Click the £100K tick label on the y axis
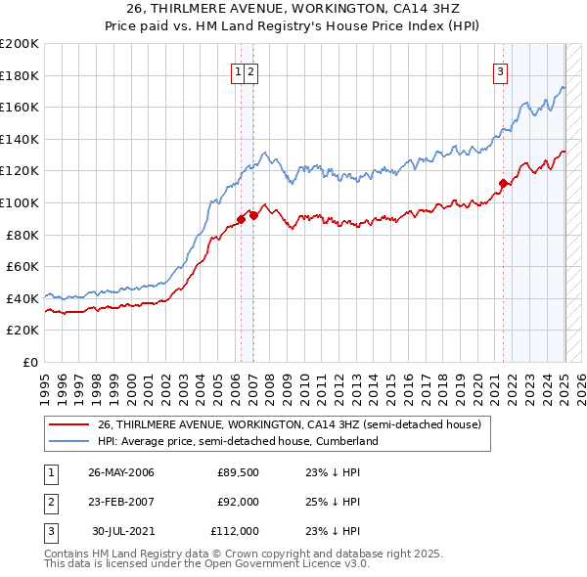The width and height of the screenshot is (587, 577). pos(20,202)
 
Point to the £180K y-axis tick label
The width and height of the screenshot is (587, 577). pos(20,75)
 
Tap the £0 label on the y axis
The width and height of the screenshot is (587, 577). pos(28,362)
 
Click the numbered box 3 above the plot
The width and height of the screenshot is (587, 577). pos(500,70)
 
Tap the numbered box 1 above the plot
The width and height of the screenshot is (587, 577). pos(239,70)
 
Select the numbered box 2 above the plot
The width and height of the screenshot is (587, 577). pos(251,70)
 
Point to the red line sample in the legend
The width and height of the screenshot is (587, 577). pos(68,425)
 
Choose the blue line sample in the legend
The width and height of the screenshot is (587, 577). pos(68,442)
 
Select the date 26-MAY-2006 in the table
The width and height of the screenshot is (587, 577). pos(121,472)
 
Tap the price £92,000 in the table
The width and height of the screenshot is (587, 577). pos(238,502)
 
